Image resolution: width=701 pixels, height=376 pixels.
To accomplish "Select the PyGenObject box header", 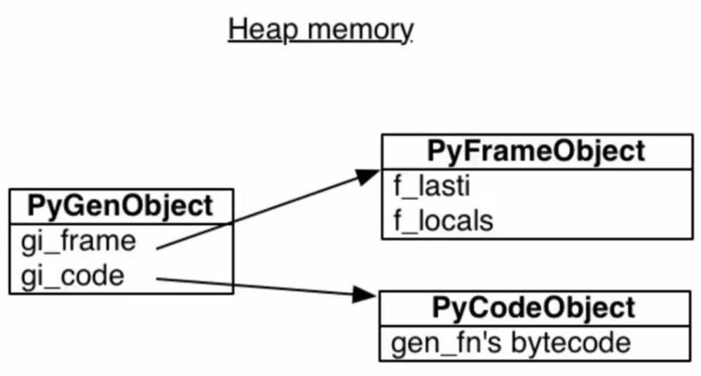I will click(120, 206).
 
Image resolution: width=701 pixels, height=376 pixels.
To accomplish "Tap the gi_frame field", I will click(78, 241).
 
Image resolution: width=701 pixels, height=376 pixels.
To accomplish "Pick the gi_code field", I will click(73, 276).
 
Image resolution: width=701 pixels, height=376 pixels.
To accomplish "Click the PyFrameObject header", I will click(536, 151).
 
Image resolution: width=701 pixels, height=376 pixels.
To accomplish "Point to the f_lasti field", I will click(430, 187).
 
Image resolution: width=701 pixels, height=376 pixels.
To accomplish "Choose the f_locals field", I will click(442, 221).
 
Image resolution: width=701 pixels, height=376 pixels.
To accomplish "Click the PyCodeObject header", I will click(534, 307).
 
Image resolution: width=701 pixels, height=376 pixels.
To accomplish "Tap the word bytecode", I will click(571, 343).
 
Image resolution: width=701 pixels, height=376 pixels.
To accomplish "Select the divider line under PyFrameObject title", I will click(536, 169).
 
